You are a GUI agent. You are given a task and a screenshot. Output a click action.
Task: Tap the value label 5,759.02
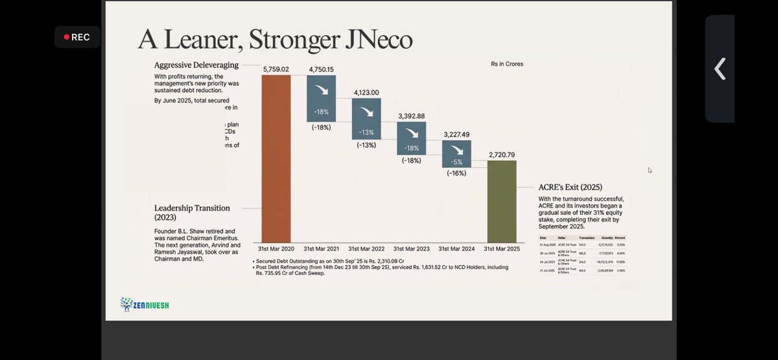(x=276, y=69)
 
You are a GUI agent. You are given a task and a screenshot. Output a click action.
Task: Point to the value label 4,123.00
(x=366, y=93)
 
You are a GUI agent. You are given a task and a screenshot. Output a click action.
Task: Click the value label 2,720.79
(x=502, y=155)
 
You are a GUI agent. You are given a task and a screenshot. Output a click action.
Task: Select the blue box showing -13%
(x=366, y=118)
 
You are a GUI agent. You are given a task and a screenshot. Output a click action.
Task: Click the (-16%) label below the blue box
(x=456, y=173)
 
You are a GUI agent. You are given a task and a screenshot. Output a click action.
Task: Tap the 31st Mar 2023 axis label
(x=412, y=248)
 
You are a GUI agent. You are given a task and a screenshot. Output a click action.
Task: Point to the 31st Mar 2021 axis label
(x=321, y=248)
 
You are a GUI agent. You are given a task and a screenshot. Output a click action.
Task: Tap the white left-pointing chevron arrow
(x=720, y=68)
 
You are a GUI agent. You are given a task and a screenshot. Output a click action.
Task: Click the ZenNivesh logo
(x=145, y=304)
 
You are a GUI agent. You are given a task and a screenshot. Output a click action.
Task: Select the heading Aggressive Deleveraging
(x=196, y=65)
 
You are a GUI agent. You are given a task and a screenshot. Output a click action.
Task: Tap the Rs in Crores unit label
(x=507, y=64)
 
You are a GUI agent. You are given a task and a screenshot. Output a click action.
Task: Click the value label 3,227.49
(x=456, y=135)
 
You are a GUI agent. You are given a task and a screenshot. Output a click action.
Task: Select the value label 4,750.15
(x=321, y=69)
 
